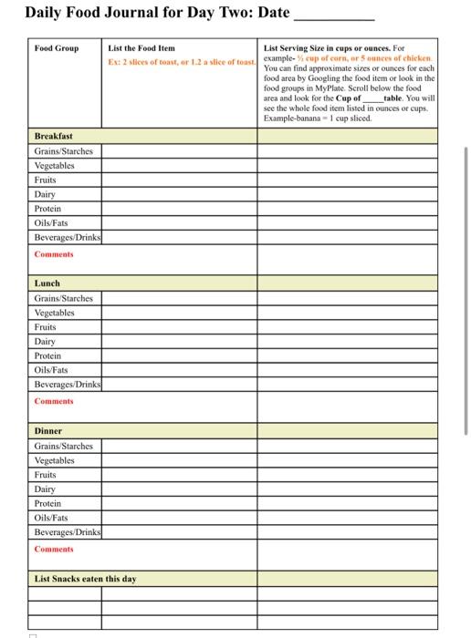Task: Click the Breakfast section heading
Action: pos(53,137)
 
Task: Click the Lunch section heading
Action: pos(47,283)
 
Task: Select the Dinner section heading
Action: pos(49,431)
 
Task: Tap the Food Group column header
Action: pos(57,48)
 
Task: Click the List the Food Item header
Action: pos(141,48)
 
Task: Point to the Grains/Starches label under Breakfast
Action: pos(64,151)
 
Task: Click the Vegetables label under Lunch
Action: pos(55,313)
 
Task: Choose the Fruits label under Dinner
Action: pos(46,475)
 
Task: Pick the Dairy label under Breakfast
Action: pos(46,194)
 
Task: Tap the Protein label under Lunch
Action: pos(47,355)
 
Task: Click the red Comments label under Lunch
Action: pos(54,401)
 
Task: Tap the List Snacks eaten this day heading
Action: pos(86,578)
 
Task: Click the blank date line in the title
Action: pos(333,15)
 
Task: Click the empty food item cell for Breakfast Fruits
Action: pos(179,180)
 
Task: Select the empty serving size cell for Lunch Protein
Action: pos(347,355)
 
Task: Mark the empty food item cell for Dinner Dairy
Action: pos(179,489)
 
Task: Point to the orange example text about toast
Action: pos(181,62)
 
